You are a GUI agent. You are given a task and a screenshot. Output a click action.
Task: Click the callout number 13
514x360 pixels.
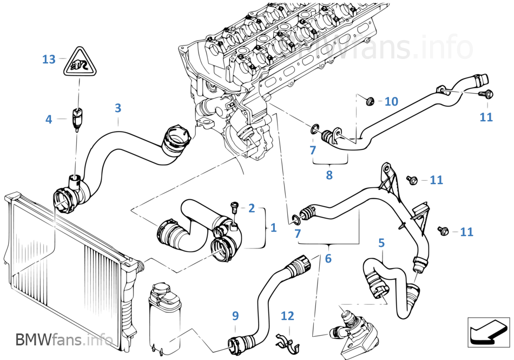tap(49, 60)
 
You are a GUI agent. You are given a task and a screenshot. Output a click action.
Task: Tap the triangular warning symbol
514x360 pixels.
tap(79, 62)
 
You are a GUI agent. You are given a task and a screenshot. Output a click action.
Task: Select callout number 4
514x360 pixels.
tap(49, 119)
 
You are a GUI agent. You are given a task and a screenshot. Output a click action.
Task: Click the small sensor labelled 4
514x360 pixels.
tap(77, 119)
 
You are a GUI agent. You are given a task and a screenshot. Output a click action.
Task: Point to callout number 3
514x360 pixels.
tap(118, 108)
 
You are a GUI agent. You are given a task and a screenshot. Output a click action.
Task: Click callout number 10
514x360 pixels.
tap(391, 101)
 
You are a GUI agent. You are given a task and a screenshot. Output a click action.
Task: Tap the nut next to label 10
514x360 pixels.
tap(371, 101)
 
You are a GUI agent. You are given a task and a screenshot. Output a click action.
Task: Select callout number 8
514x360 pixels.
tap(330, 175)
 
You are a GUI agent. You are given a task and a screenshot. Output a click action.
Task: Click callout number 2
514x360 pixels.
tap(252, 208)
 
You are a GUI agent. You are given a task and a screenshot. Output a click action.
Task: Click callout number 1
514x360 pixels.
tap(273, 227)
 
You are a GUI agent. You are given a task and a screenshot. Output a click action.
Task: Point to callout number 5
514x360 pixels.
tap(381, 243)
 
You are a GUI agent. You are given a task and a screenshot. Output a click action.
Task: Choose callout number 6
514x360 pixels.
tap(328, 258)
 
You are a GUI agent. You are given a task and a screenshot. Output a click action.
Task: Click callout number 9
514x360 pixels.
tap(235, 316)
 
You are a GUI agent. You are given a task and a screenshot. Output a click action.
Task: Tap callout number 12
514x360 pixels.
tap(287, 316)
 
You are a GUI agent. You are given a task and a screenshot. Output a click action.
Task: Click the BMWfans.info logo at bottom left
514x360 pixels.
tap(64, 339)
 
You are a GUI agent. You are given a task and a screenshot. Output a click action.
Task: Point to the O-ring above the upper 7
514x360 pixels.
tap(314, 129)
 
